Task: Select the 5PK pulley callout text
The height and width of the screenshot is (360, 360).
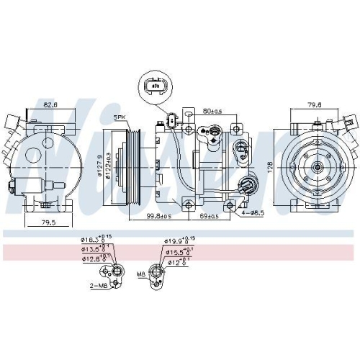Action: [x=118, y=117]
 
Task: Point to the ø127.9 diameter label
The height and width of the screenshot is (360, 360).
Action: [x=99, y=167]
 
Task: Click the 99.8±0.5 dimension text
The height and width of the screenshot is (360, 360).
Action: [x=156, y=216]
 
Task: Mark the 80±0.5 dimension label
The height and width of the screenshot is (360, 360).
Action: [x=213, y=112]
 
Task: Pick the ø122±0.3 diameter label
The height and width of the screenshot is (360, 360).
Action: [x=107, y=167]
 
